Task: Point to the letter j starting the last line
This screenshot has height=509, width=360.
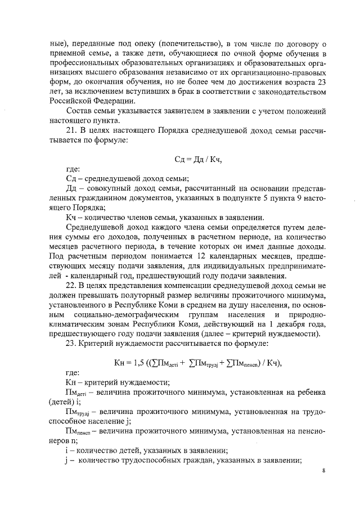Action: click(67, 461)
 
